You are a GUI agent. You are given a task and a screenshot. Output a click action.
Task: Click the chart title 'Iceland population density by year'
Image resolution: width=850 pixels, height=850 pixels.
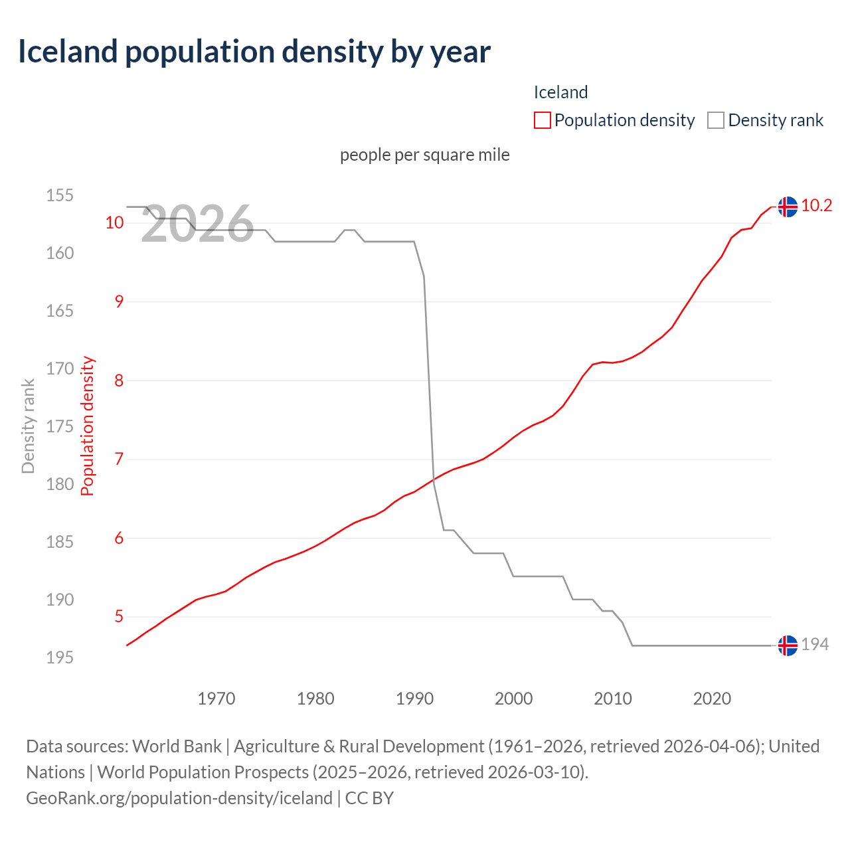coord(254,52)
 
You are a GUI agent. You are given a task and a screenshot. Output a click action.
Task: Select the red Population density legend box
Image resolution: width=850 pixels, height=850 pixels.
coord(542,120)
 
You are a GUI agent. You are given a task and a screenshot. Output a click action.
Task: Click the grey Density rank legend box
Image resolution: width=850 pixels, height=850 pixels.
coord(715,120)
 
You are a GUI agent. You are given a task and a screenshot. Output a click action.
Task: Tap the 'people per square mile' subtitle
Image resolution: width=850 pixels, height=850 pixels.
coord(424,155)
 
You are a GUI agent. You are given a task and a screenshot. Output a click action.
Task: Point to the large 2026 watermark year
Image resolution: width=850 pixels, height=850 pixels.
coord(197,224)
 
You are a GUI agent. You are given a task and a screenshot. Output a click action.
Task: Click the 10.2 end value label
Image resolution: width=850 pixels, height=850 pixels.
coord(816,206)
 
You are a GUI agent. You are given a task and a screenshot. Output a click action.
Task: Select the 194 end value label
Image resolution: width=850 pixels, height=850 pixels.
coord(815,645)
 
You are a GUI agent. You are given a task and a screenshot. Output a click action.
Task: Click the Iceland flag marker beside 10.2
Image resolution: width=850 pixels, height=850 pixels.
coord(788,207)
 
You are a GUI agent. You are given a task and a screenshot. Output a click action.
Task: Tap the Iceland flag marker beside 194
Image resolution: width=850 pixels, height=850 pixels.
coord(788,645)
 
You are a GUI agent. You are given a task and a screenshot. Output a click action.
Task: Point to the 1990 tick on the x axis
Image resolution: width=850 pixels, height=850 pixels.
coord(414,699)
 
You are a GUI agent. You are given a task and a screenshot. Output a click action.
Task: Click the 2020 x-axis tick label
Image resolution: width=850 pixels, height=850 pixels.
coord(712,699)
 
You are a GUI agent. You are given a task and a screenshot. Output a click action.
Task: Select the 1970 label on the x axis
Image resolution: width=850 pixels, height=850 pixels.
coord(216,699)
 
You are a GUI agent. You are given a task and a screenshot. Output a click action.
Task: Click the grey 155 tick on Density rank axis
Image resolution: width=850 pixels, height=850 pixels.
coord(59,196)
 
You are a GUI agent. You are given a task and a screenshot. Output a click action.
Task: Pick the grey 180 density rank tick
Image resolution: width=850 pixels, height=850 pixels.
coord(59,484)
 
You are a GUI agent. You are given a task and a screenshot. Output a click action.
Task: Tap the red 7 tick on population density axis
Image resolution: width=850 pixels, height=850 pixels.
coord(119,459)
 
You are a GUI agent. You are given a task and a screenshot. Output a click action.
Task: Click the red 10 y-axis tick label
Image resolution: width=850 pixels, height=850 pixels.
coord(115,222)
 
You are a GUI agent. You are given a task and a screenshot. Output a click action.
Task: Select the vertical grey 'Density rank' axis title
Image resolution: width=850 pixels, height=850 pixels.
coord(28,426)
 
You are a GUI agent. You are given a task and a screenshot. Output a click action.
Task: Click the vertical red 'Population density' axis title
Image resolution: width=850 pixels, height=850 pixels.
coord(88,426)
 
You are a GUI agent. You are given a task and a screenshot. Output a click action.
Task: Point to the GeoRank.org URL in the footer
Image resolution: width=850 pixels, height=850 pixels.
coord(179,798)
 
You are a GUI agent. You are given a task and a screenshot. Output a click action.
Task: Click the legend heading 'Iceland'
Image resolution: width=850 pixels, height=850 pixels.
coord(560,92)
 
